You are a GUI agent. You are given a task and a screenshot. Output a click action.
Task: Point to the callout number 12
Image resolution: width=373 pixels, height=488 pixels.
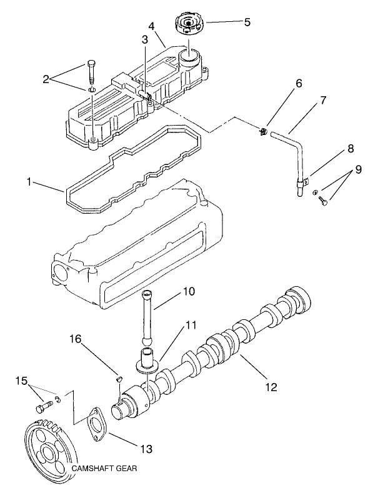click(x=271, y=387)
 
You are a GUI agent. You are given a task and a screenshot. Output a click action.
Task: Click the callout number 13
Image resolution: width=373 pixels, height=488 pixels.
click(x=146, y=449)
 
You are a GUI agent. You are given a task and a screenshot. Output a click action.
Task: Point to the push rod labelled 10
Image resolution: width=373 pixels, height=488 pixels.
click(x=147, y=316)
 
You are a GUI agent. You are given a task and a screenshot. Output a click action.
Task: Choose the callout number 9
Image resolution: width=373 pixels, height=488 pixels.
click(x=358, y=168)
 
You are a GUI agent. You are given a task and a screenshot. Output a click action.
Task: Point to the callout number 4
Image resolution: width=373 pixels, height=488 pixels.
click(x=151, y=27)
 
